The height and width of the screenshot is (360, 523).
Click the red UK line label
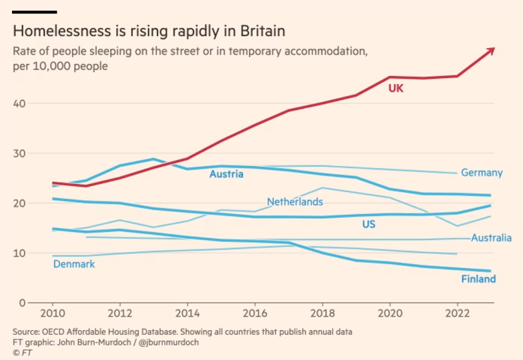[x=396, y=88]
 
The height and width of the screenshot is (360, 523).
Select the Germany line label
[x=482, y=173]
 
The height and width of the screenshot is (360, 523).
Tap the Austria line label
[x=226, y=175]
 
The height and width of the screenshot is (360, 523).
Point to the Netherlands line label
[x=295, y=202]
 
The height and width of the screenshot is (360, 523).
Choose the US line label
[x=369, y=225]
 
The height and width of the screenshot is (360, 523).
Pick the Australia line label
[x=491, y=238]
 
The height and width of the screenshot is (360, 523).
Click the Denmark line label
[x=74, y=264]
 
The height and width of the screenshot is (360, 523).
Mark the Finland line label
[x=478, y=279]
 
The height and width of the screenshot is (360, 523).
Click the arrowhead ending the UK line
[x=490, y=50]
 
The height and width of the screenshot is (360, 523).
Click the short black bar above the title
[x=35, y=12]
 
